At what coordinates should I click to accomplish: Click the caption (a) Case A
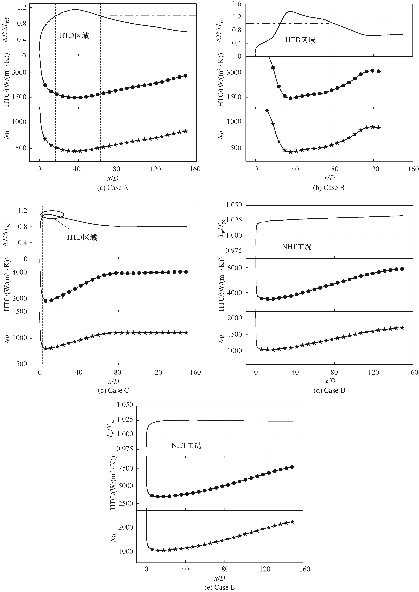point(112,188)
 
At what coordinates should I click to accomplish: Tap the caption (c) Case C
point(113,390)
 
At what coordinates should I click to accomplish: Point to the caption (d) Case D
point(329,390)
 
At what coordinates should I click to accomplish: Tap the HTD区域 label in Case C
point(82,237)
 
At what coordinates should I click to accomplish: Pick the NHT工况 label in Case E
point(186,445)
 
